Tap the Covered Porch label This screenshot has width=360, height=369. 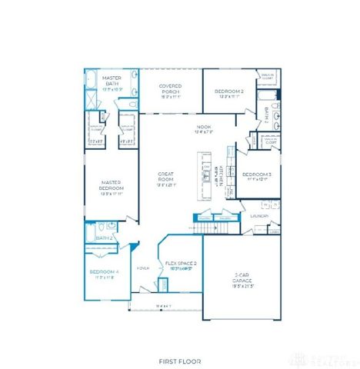point(169,88)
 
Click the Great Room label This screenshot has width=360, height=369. point(166,178)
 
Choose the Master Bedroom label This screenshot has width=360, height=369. point(112,188)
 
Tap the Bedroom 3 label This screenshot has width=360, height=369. point(257,176)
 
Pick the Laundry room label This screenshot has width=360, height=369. point(260,216)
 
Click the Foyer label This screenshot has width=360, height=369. point(143,268)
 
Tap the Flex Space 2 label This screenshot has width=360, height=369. point(182,264)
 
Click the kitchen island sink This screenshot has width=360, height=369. point(206,175)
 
